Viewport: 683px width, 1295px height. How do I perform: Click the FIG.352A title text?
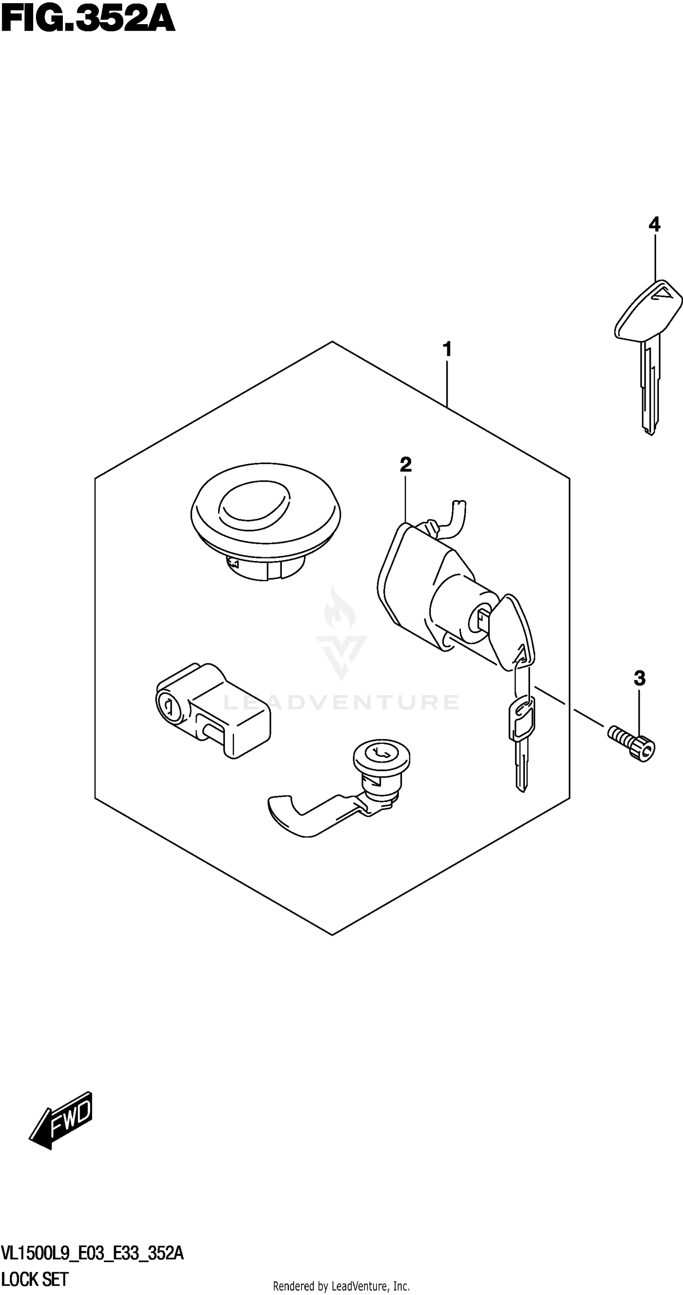(x=88, y=19)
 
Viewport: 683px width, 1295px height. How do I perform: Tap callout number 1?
(x=447, y=349)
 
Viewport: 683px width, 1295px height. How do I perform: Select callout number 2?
(x=405, y=464)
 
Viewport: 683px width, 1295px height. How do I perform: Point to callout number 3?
(x=639, y=679)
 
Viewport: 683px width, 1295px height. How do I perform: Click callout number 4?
(x=654, y=224)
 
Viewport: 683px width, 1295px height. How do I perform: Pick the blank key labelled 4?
(x=647, y=352)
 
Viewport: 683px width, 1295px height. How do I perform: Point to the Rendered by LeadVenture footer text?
(x=341, y=1286)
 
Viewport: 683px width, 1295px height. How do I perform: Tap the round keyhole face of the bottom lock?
(x=382, y=754)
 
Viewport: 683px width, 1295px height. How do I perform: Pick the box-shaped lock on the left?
(x=214, y=709)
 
